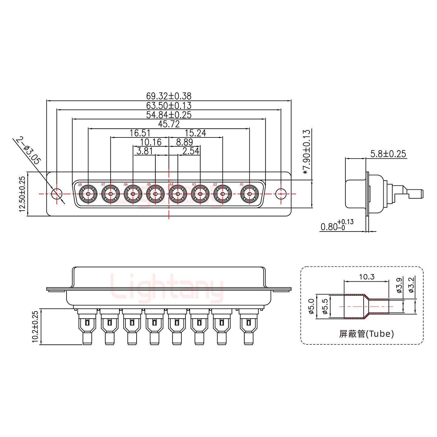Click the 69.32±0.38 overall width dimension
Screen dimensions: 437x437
tap(169, 96)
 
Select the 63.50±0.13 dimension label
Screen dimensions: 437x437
tap(169, 106)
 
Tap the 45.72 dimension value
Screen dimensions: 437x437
tap(169, 124)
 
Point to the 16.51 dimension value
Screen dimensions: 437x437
tap(140, 133)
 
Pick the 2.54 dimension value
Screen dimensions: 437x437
tap(191, 151)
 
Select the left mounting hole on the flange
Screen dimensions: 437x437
tap(56, 194)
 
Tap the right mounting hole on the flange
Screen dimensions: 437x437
tap(281, 194)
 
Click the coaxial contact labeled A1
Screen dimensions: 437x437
tap(249, 194)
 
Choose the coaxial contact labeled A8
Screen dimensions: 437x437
tap(88, 194)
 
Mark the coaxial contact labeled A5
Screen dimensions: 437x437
tap(155, 194)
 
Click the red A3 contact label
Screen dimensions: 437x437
tap(194, 185)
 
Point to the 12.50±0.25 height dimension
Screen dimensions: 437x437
tap(22, 194)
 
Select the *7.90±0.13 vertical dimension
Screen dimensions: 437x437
tap(307, 152)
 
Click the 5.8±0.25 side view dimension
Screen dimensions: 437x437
tap(388, 154)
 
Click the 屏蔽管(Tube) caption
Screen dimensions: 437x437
tap(366, 334)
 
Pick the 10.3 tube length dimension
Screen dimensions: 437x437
tap(367, 277)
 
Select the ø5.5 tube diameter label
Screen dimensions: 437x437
tap(324, 307)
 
